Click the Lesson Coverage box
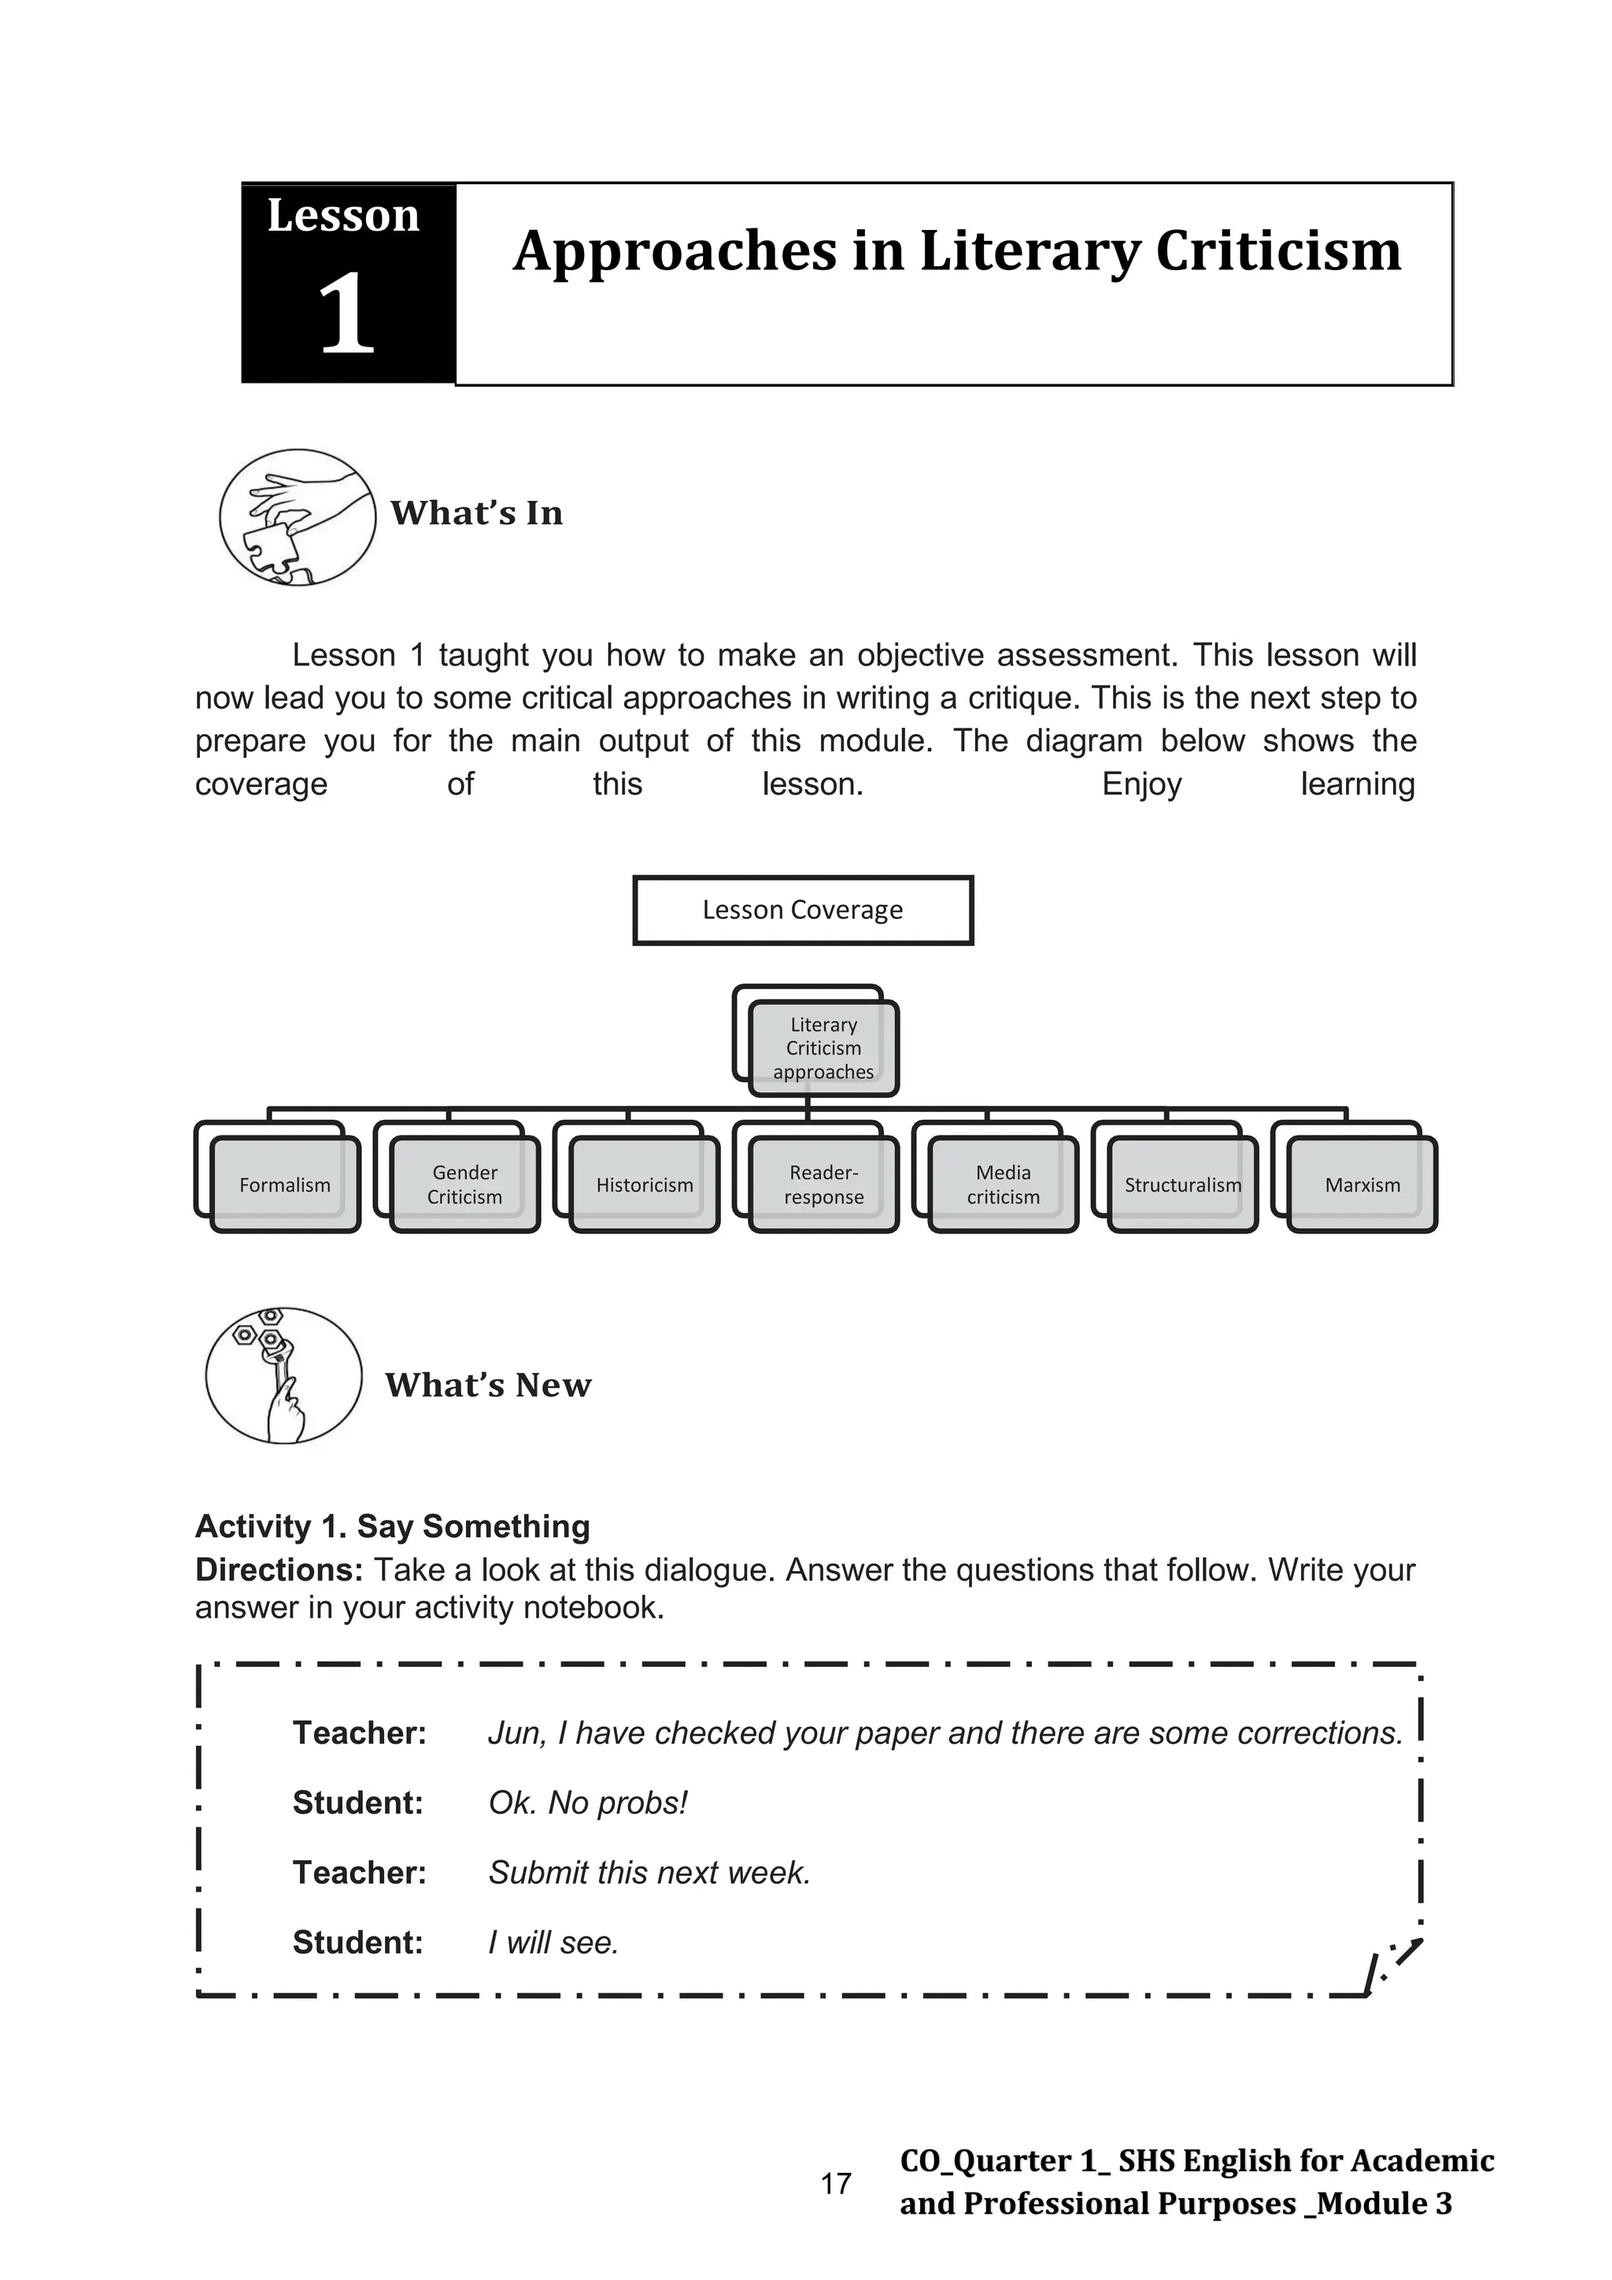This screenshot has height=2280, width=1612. (x=803, y=910)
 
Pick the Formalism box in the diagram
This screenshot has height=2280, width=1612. (x=285, y=1184)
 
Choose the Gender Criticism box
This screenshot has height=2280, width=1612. (x=464, y=1184)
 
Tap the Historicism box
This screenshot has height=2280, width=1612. (x=644, y=1184)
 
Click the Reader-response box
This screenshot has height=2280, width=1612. (x=824, y=1184)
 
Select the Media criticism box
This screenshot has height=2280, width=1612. (x=1004, y=1184)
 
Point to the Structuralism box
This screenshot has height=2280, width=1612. (x=1182, y=1184)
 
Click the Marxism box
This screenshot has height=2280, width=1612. (x=1362, y=1184)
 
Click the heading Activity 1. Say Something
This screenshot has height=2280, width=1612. (x=392, y=1526)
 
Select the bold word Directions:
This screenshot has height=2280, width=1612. (x=280, y=1570)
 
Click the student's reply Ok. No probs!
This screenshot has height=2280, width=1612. (x=588, y=1803)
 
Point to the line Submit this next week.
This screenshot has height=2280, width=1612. (x=649, y=1872)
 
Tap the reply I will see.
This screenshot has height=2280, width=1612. (x=553, y=1942)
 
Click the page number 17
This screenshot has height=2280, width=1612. (x=836, y=2184)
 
